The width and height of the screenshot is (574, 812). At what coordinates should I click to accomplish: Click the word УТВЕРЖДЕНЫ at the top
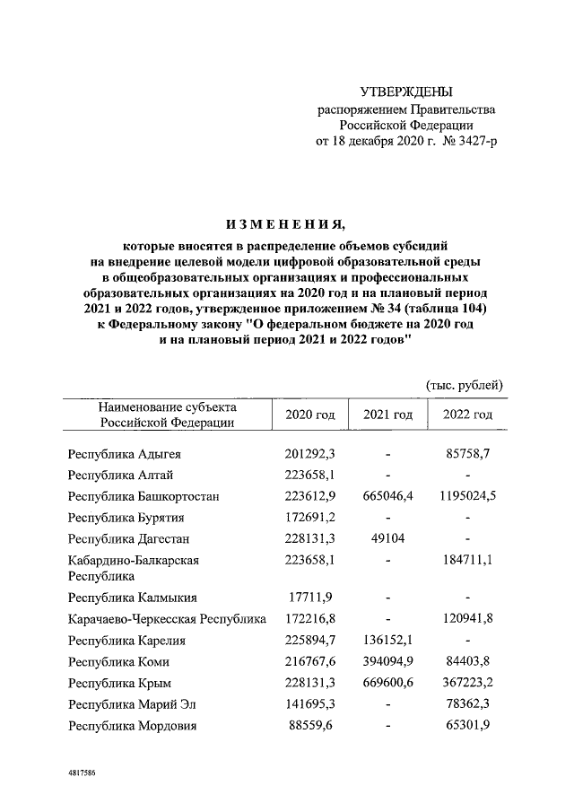406,92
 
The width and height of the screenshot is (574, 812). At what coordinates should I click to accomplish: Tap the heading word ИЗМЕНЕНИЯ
284,223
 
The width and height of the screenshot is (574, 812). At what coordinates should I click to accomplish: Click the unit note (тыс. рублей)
464,385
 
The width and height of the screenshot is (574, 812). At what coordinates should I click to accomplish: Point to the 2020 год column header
309,415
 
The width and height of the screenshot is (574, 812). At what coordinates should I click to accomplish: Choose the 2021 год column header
387,415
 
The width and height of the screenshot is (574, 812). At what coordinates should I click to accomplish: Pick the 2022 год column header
467,415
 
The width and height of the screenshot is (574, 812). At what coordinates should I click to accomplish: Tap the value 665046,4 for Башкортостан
387,496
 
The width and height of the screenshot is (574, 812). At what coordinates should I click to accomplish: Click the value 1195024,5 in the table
467,496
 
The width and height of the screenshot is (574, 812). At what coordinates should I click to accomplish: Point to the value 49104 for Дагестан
387,538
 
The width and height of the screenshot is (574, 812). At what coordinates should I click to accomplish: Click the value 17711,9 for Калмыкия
309,597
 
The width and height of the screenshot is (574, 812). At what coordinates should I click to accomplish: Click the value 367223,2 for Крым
467,683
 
